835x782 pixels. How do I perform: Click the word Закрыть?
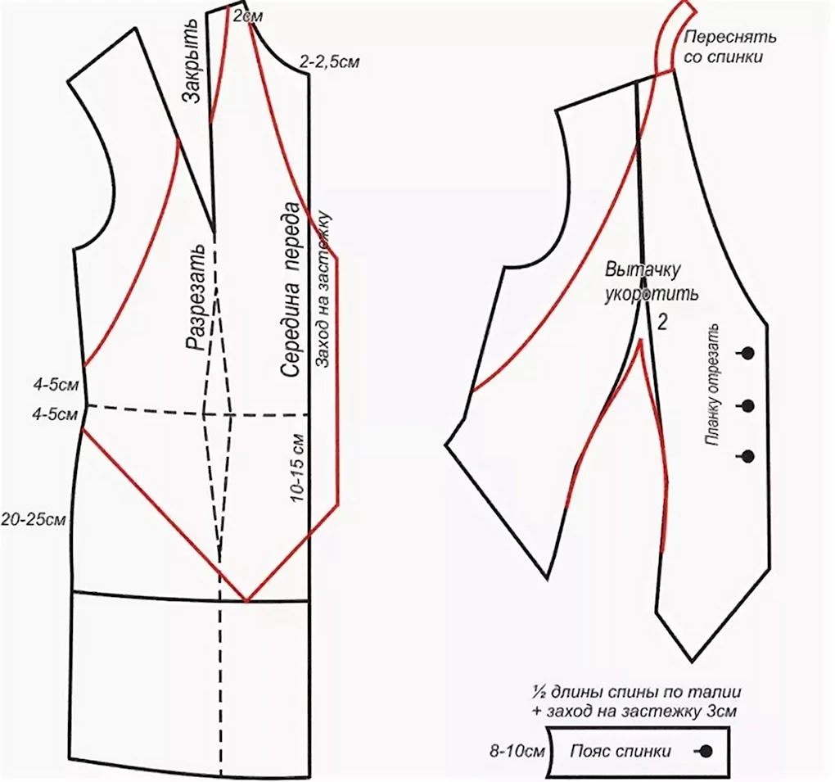[x=190, y=61]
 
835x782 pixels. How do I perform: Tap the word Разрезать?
[x=196, y=297]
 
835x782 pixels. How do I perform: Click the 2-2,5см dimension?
[x=329, y=62]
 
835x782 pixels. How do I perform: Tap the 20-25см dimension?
[x=33, y=519]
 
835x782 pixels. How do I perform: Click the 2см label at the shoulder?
[x=247, y=16]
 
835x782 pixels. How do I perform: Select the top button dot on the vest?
[x=748, y=353]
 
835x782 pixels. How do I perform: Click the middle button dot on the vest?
[x=748, y=406]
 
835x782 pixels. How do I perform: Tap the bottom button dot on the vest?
[x=748, y=456]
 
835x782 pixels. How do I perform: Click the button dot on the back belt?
[x=706, y=751]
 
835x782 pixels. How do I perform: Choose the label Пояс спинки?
[x=621, y=751]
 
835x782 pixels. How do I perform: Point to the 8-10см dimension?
[x=517, y=752]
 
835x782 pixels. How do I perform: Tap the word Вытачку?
[x=643, y=269]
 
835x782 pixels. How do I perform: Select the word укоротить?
[x=651, y=293]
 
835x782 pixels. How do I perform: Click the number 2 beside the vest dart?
[x=662, y=323]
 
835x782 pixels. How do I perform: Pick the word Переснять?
[x=729, y=38]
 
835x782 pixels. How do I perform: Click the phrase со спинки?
[x=723, y=57]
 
